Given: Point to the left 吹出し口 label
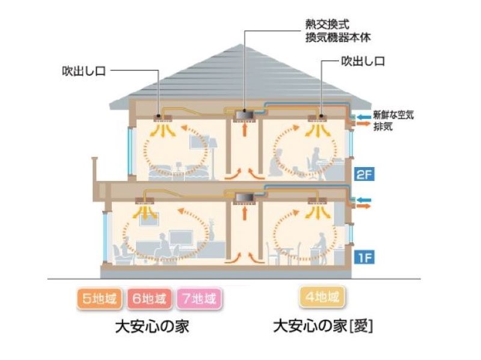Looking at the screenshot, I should click(x=84, y=70).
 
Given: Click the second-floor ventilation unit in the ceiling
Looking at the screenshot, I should click(x=244, y=112).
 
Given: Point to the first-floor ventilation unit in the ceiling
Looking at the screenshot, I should click(x=244, y=197).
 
